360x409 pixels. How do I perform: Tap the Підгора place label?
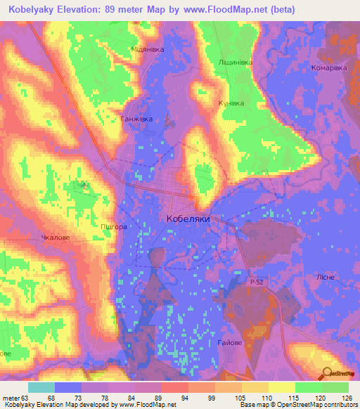[x=113, y=227]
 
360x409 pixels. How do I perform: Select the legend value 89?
[x=162, y=398]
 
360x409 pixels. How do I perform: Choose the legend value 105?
[x=243, y=398]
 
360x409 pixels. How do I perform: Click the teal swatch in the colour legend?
[x=41, y=387]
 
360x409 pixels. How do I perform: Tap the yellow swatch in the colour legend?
[x=282, y=387]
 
